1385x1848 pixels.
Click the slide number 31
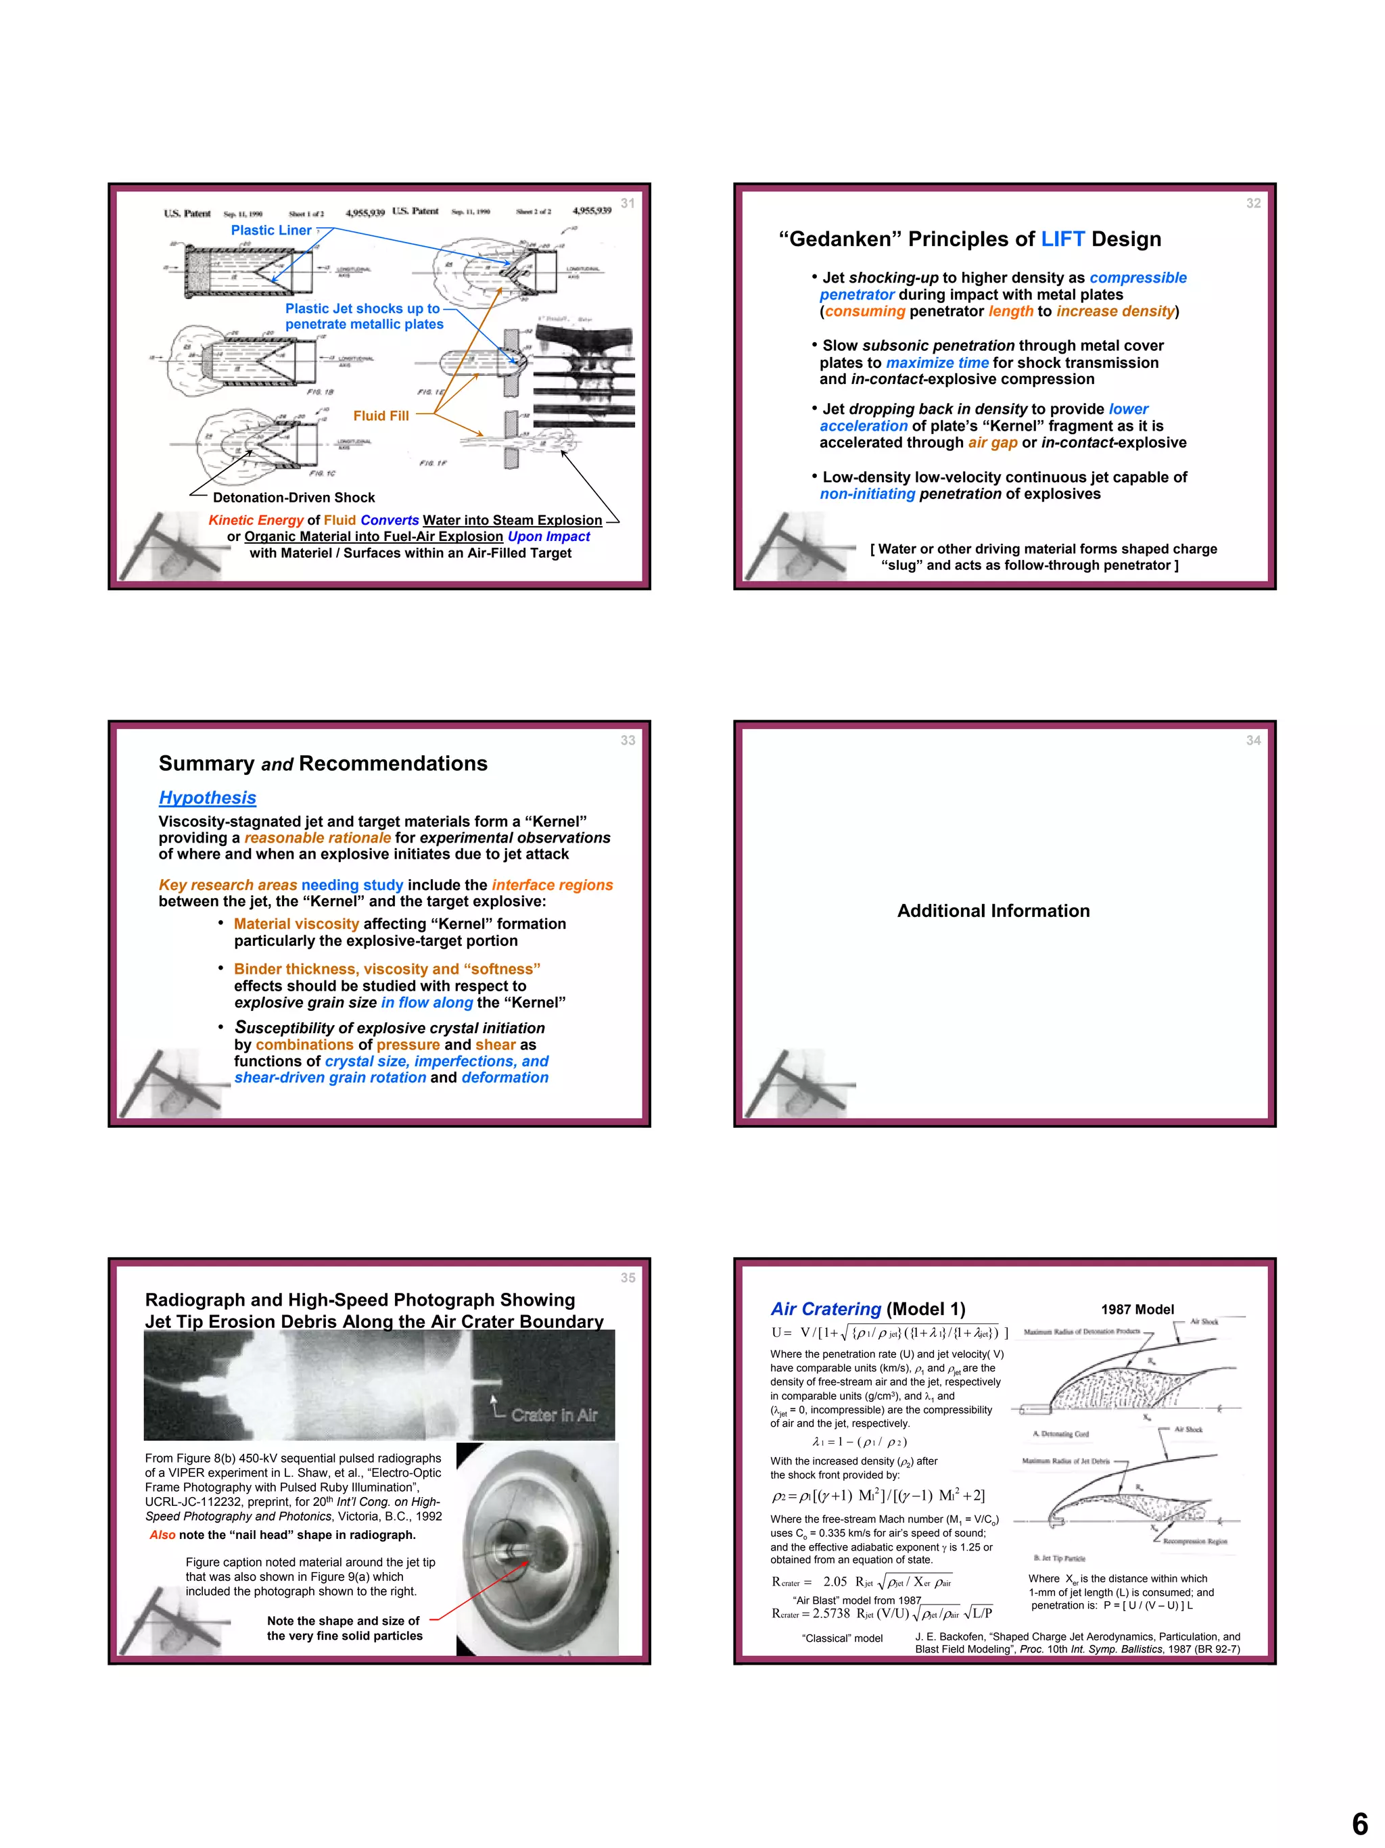[x=628, y=203]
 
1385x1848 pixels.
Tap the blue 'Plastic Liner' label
[x=271, y=230]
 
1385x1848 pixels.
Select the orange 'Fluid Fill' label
[x=381, y=415]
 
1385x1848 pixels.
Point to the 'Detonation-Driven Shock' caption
[x=294, y=497]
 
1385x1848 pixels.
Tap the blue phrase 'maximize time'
[x=937, y=362]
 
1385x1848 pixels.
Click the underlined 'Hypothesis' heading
[x=207, y=798]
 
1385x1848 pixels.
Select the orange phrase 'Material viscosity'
[x=296, y=923]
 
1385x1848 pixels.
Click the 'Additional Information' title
[x=993, y=911]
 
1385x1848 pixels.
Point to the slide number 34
[x=1253, y=740]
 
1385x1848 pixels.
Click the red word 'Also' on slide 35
[x=162, y=1535]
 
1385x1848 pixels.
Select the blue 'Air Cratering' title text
[x=825, y=1309]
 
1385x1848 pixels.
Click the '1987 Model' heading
[x=1137, y=1309]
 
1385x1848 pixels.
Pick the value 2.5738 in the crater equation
[x=830, y=1613]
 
